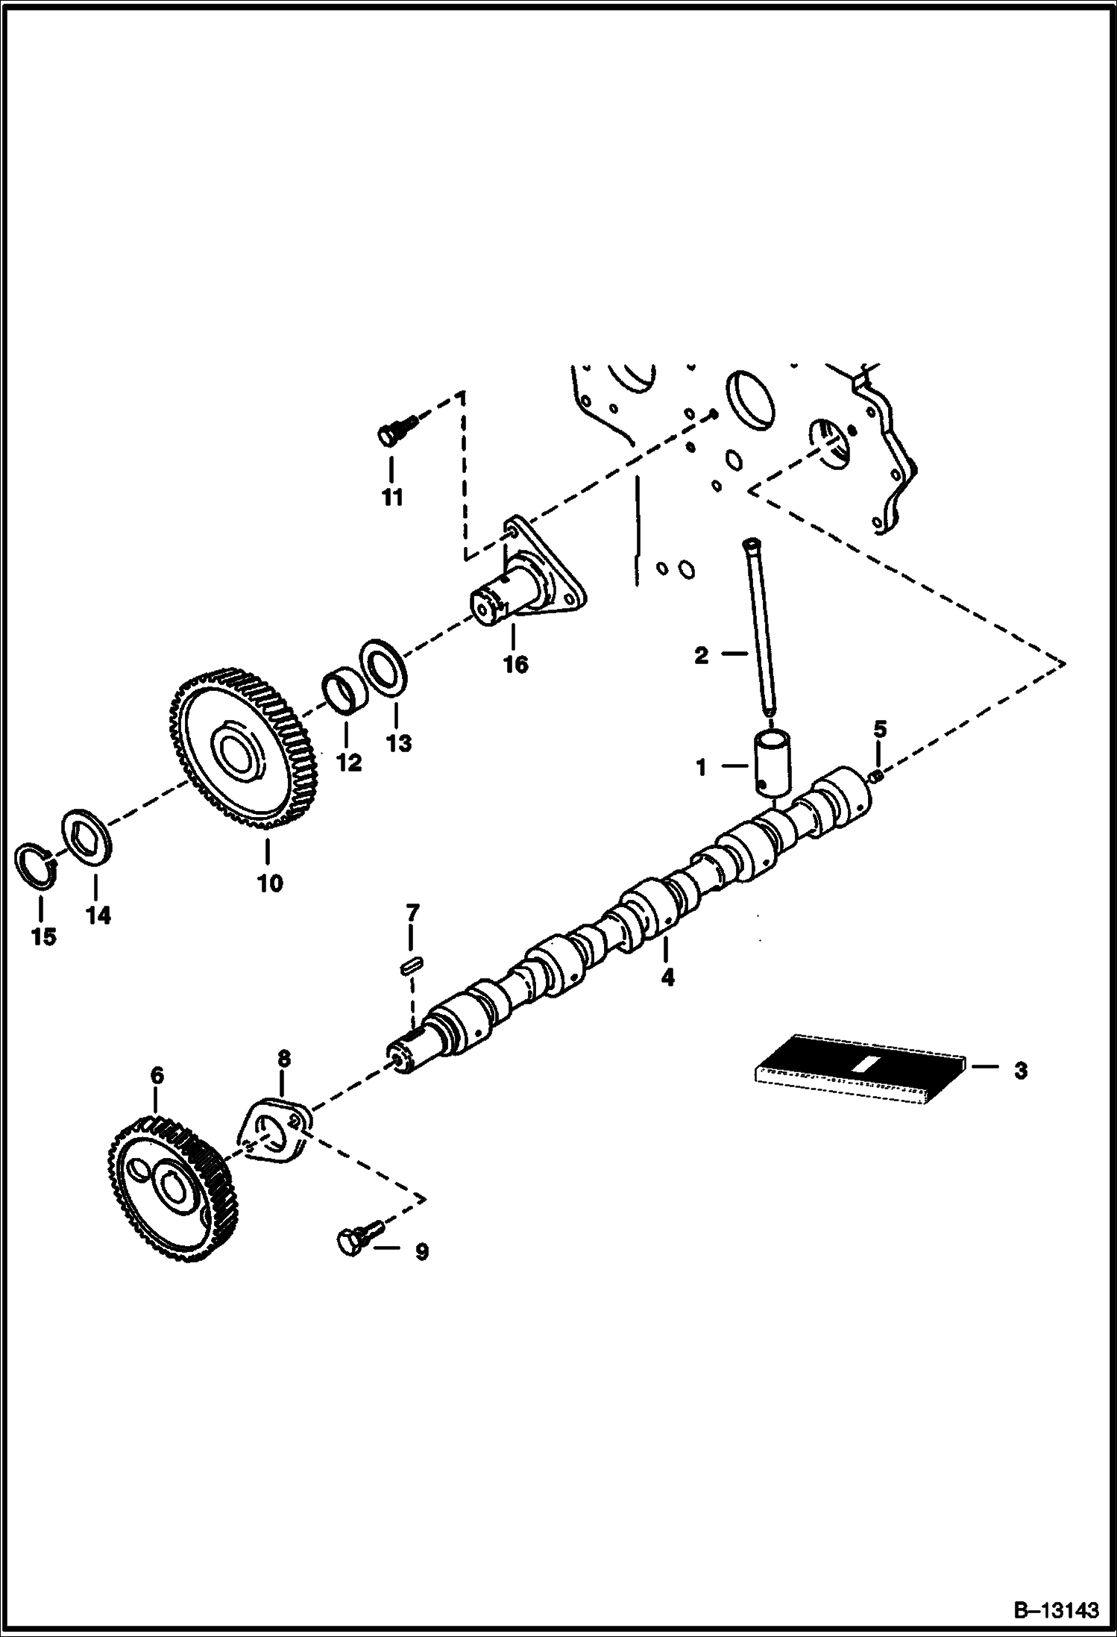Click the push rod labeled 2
(x=761, y=627)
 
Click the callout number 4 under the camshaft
(x=667, y=977)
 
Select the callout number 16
(x=515, y=663)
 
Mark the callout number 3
(x=1021, y=1071)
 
